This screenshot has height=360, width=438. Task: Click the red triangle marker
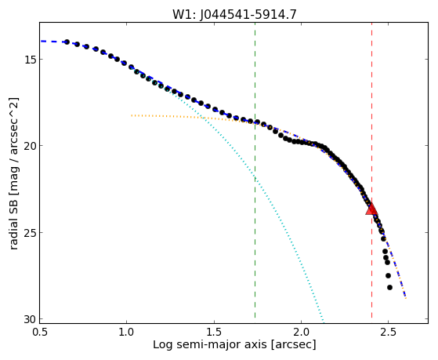click(x=371, y=209)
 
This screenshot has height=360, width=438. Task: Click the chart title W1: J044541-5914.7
click(x=234, y=14)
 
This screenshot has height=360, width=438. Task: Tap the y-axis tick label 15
click(x=31, y=60)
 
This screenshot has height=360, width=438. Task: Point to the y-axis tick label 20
click(x=31, y=146)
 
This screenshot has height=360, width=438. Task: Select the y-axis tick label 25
click(x=31, y=232)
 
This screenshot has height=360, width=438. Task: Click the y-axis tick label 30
click(x=31, y=319)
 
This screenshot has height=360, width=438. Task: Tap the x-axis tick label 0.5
click(x=39, y=333)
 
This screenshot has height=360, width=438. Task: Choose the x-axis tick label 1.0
click(x=126, y=333)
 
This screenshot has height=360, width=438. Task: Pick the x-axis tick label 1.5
click(x=214, y=333)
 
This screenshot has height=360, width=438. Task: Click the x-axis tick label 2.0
click(x=301, y=333)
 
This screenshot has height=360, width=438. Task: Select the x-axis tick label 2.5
click(x=389, y=333)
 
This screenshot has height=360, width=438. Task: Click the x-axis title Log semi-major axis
click(x=210, y=345)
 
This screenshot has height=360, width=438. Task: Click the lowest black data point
click(x=389, y=287)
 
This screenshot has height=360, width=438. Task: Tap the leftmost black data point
click(x=67, y=42)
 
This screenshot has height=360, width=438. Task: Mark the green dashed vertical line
click(x=255, y=170)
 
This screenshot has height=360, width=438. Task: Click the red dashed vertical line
click(x=372, y=170)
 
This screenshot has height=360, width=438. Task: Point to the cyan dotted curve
click(x=255, y=179)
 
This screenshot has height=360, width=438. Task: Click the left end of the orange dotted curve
click(x=132, y=115)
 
